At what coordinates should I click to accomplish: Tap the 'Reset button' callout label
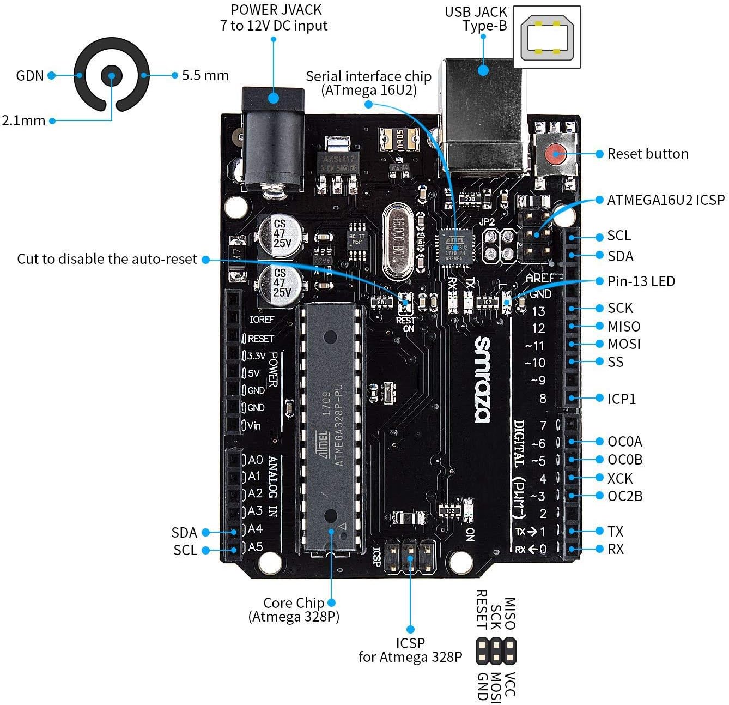(x=647, y=154)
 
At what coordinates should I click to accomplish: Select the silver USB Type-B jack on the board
(x=484, y=131)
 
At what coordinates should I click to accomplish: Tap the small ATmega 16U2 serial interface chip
(x=455, y=248)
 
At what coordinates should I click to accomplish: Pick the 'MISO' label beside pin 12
(x=624, y=327)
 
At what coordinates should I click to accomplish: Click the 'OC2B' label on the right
(x=624, y=496)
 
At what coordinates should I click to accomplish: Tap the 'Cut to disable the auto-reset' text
(x=107, y=259)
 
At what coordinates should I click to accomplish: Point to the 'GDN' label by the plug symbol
(x=29, y=75)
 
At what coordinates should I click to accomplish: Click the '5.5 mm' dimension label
(x=205, y=75)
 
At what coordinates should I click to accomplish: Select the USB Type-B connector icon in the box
(x=547, y=38)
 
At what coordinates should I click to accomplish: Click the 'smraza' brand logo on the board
(x=483, y=379)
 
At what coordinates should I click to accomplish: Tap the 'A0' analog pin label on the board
(x=255, y=460)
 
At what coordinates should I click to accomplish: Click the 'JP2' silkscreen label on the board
(x=487, y=222)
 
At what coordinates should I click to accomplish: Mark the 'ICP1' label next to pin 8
(x=622, y=399)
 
